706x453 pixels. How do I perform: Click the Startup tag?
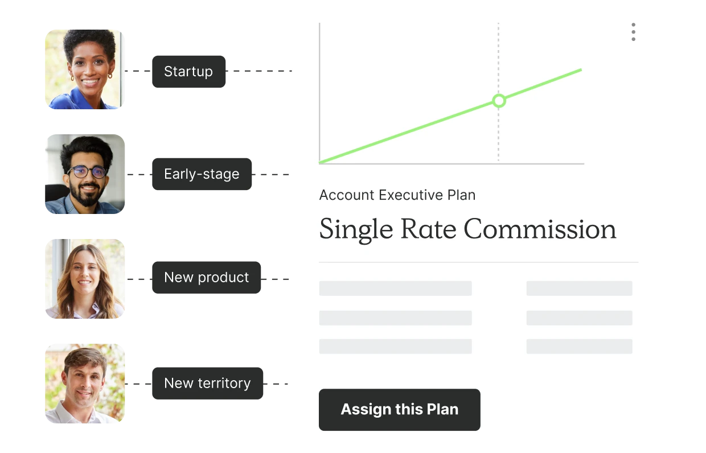coord(188,72)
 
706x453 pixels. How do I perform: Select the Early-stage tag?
coord(202,174)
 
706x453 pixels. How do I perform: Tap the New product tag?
coord(207,278)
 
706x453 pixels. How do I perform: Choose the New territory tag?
coord(207,384)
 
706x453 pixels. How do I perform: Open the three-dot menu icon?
coord(634,32)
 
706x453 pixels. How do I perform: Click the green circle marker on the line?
coord(499,101)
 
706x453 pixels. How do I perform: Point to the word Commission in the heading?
coord(540,229)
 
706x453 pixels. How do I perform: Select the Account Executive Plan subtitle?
coord(397,195)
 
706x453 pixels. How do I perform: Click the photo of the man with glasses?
coord(85,174)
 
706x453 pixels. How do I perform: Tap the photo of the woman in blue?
coord(85,69)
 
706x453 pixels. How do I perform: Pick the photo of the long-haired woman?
coord(85,279)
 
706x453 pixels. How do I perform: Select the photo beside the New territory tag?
coord(85,384)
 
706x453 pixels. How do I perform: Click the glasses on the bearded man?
coord(87,172)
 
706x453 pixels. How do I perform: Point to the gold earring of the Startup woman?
coord(110,76)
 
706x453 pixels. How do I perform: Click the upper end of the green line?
coord(581,70)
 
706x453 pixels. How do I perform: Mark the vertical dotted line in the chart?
coord(498,92)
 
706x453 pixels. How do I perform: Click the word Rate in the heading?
coord(428,229)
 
